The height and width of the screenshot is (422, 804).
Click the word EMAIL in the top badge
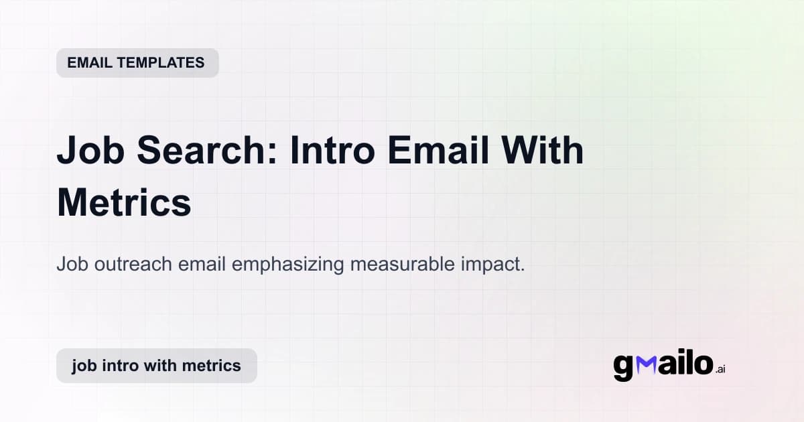pyautogui.click(x=88, y=63)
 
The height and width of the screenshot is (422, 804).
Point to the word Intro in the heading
pyautogui.click(x=332, y=151)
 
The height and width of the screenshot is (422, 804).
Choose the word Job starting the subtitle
pyautogui.click(x=70, y=264)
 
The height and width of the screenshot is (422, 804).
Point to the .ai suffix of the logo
pyautogui.click(x=720, y=369)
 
